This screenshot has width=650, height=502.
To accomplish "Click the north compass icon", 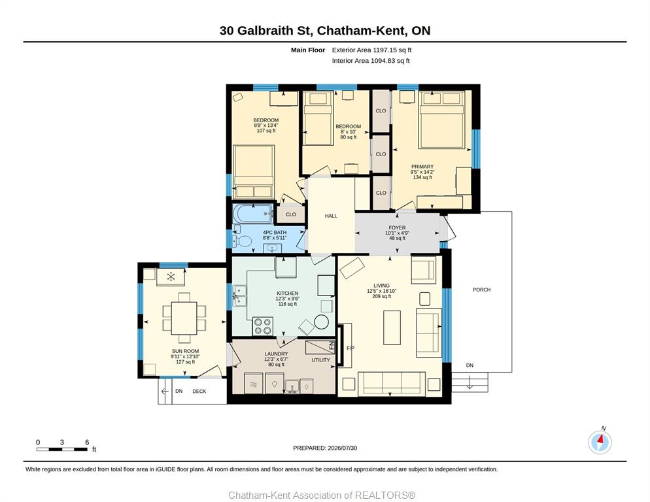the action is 600,443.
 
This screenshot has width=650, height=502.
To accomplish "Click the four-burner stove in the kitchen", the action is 263,326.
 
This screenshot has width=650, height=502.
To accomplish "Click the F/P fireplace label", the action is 351,348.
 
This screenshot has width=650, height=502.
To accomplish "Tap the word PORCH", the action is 482,290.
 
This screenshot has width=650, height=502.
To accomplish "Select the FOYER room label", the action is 397,227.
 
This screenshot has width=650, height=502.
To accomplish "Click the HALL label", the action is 331,216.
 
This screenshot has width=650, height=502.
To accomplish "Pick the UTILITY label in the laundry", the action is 321,360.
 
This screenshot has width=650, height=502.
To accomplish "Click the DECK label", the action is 199,392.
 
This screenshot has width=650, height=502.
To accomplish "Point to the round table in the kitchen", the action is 321,322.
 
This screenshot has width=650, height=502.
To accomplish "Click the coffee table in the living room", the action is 392,327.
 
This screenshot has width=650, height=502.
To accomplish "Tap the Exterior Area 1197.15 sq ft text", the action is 371,50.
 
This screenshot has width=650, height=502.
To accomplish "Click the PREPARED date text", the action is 325,448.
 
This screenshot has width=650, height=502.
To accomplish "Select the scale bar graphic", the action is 62,449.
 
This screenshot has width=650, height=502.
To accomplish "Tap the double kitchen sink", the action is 239,295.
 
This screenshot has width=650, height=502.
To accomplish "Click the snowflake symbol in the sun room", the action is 171,276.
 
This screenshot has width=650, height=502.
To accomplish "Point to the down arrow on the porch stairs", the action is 470,382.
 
